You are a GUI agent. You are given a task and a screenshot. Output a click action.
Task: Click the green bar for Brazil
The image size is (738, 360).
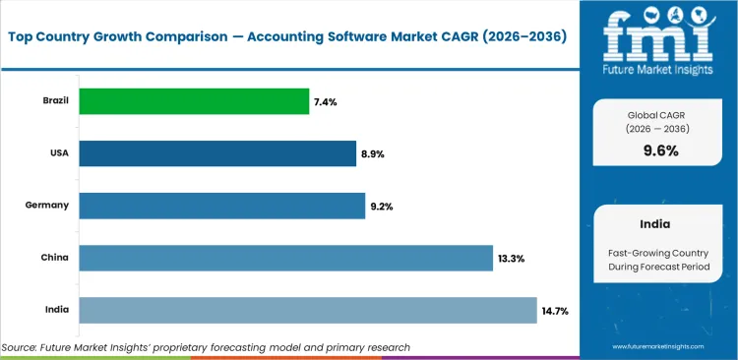pyautogui.click(x=194, y=101)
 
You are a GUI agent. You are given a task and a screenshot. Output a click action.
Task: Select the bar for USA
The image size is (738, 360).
pyautogui.click(x=217, y=153)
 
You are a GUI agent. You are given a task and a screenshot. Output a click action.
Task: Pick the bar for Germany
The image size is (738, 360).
pyautogui.click(x=221, y=206)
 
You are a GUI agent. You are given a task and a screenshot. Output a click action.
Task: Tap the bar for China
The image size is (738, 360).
pyautogui.click(x=285, y=258)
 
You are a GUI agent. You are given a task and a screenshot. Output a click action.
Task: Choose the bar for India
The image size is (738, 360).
pyautogui.click(x=308, y=310)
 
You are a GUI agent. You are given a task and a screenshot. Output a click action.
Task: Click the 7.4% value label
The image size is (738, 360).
pyautogui.click(x=327, y=101)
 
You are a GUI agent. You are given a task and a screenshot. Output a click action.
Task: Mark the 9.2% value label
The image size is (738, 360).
pyautogui.click(x=383, y=206)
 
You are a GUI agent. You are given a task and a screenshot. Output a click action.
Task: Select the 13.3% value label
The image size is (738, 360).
pyautogui.click(x=512, y=258)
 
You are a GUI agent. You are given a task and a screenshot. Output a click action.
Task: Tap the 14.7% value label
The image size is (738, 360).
pyautogui.click(x=555, y=310)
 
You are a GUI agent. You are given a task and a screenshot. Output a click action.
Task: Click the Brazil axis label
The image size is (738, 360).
pyautogui.click(x=55, y=101)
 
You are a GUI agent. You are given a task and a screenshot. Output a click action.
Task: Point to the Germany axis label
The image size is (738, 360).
pyautogui.click(x=47, y=206)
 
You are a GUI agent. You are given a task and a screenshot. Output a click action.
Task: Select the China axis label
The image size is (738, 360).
pyautogui.click(x=55, y=258)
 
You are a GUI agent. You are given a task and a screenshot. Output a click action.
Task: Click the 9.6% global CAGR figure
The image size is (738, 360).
pyautogui.click(x=660, y=150)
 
